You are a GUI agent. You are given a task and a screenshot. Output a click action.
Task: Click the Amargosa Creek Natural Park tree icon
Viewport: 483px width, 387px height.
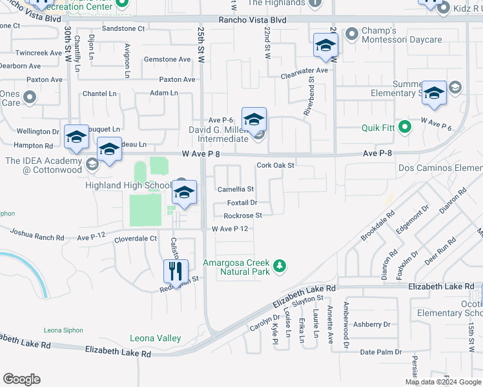pyautogui.click(x=280, y=266)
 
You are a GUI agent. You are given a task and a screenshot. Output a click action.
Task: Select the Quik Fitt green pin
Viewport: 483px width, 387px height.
pyautogui.click(x=405, y=127)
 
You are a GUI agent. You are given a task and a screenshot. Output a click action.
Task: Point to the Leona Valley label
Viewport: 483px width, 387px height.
pyautogui.click(x=155, y=338)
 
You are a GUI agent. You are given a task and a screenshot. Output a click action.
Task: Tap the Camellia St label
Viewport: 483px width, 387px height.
pyautogui.click(x=236, y=190)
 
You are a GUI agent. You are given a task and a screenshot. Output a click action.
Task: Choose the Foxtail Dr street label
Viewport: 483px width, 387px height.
pyautogui.click(x=242, y=203)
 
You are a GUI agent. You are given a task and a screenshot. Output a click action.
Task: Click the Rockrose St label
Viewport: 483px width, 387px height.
pyautogui.click(x=243, y=215)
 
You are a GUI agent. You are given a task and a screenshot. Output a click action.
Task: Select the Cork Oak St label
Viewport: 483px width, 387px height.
pyautogui.click(x=275, y=165)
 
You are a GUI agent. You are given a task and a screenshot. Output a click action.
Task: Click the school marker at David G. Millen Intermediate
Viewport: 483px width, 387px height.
pyautogui.click(x=254, y=119)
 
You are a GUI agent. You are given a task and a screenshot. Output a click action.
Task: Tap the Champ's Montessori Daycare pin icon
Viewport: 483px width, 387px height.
pyautogui.click(x=352, y=33)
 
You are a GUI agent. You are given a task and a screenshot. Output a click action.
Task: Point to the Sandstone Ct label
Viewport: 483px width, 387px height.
pyautogui.click(x=124, y=28)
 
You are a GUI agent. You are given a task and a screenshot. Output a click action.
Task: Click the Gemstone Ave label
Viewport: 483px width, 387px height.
pyautogui.click(x=167, y=59)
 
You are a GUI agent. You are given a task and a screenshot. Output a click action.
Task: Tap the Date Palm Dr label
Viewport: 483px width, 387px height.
pyautogui.click(x=380, y=352)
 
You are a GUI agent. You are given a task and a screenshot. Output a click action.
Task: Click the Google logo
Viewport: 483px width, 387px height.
pyautogui.click(x=21, y=379)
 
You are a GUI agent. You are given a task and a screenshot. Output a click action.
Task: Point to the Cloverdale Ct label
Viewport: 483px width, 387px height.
pyautogui.click(x=136, y=238)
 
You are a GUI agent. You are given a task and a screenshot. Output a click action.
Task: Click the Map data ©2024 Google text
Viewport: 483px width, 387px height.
pyautogui.click(x=443, y=382)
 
